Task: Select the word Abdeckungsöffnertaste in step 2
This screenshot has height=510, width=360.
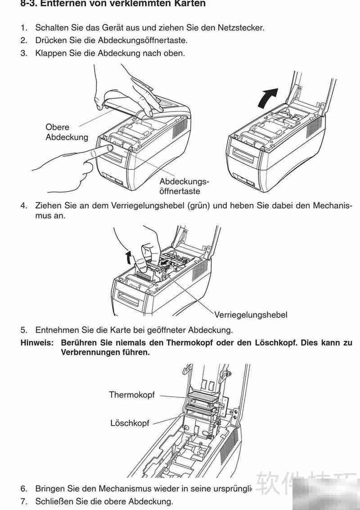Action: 144,40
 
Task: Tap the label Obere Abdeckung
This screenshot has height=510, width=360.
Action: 67,132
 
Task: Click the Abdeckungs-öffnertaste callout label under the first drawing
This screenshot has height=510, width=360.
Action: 184,187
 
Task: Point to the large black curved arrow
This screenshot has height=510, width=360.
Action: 268,97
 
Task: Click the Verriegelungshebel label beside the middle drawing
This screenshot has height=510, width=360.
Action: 251,314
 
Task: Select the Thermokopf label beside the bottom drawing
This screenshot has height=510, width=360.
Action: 132,395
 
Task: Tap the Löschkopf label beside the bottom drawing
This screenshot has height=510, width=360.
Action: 130,423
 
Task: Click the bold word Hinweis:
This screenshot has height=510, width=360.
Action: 37,343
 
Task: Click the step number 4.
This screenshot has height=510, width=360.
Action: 23,206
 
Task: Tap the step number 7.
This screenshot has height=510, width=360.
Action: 23,501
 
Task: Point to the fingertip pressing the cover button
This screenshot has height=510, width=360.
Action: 108,148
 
